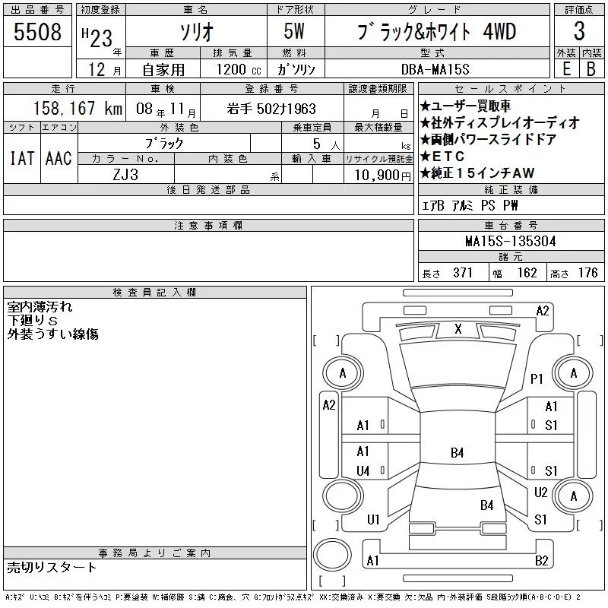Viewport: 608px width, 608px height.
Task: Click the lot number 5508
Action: point(37,32)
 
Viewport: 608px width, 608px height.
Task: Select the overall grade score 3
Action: point(579,31)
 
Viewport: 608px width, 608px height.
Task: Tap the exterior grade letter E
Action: point(566,69)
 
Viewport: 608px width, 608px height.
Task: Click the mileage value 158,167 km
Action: point(78,108)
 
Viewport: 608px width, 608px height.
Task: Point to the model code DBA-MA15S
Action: point(435,69)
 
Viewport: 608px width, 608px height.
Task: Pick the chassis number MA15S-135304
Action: point(510,241)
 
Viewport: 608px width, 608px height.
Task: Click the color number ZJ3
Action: point(125,175)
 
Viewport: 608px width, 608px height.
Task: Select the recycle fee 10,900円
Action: point(382,176)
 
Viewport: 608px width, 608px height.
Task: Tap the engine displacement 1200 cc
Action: point(239,69)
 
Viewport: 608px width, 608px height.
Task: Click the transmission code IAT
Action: point(22,158)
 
